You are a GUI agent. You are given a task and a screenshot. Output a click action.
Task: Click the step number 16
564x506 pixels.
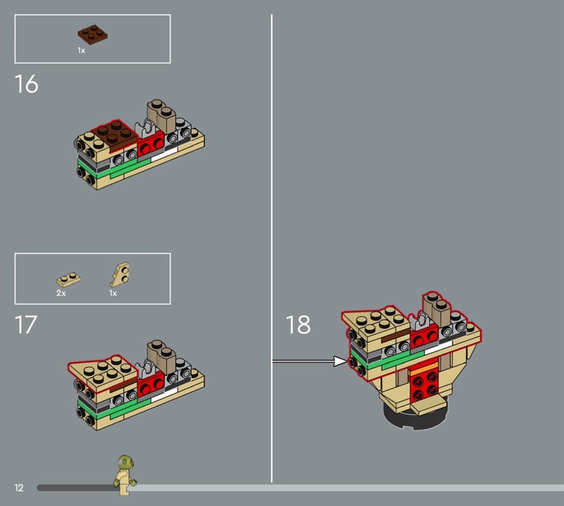[26, 84]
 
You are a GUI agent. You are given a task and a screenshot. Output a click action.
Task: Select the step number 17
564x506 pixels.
[26, 325]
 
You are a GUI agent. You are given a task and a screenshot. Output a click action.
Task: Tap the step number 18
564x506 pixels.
[298, 325]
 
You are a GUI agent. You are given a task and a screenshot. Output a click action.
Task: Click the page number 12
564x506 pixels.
[19, 488]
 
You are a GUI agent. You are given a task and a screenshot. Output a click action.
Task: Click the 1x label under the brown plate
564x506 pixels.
[81, 51]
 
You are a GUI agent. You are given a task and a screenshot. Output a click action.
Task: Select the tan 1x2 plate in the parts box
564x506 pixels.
[68, 279]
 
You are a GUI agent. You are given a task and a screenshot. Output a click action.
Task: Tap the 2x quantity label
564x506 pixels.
[61, 293]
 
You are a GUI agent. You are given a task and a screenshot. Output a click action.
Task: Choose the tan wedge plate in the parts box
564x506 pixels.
[120, 274]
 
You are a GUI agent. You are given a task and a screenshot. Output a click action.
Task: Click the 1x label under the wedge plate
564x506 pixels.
[114, 293]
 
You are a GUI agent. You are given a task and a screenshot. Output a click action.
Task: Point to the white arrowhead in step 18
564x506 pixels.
[340, 361]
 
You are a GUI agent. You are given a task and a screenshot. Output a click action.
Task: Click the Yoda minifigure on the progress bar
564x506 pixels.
[125, 475]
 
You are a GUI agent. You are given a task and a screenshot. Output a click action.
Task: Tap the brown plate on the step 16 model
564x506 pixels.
[115, 135]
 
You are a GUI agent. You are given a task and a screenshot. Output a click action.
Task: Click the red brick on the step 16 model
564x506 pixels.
[151, 143]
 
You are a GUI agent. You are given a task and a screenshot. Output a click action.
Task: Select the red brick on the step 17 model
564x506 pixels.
[151, 383]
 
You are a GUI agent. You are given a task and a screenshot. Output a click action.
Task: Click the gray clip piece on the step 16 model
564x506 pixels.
[147, 129]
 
